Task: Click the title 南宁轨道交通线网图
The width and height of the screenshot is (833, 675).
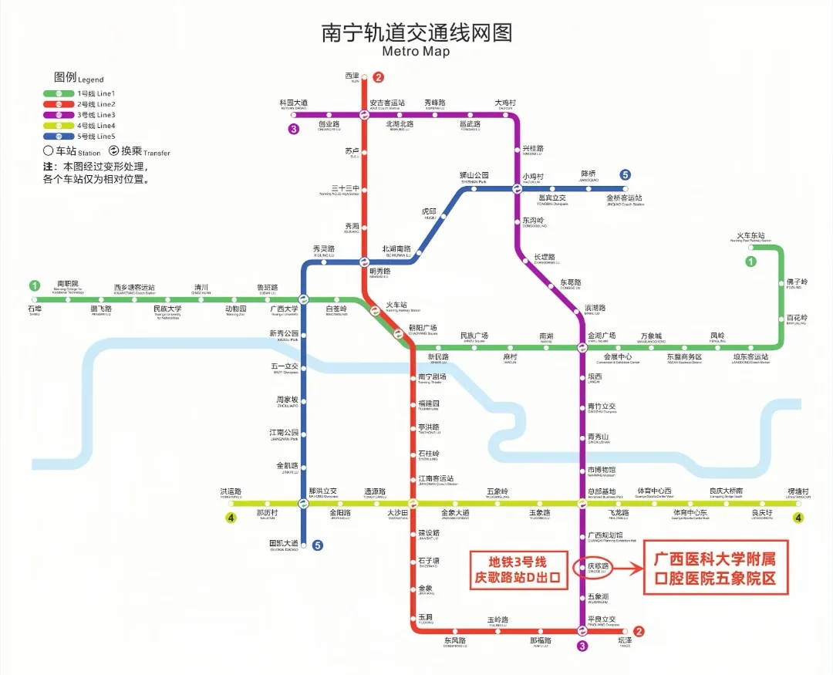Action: [416, 34]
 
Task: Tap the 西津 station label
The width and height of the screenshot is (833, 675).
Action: [352, 76]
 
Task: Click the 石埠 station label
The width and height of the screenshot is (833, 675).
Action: [34, 309]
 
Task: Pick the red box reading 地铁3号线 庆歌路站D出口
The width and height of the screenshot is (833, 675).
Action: [519, 570]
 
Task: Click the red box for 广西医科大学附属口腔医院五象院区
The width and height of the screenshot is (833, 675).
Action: [716, 570]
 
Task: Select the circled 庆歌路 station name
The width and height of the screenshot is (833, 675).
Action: [598, 567]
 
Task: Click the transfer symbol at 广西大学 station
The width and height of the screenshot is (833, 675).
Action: [303, 300]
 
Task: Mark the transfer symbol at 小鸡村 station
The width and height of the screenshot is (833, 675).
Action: [518, 188]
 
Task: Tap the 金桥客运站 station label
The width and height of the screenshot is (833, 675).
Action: [625, 198]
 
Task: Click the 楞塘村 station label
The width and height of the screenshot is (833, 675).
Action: [799, 491]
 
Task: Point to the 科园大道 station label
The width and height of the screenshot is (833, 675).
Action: [294, 103]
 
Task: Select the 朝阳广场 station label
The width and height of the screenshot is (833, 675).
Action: [423, 328]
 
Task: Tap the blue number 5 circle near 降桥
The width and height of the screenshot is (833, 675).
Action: [626, 175]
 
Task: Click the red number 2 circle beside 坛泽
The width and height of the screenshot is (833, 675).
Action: [638, 632]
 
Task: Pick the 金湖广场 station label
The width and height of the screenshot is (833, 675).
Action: [602, 336]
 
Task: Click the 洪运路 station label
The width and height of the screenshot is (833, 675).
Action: [231, 491]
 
